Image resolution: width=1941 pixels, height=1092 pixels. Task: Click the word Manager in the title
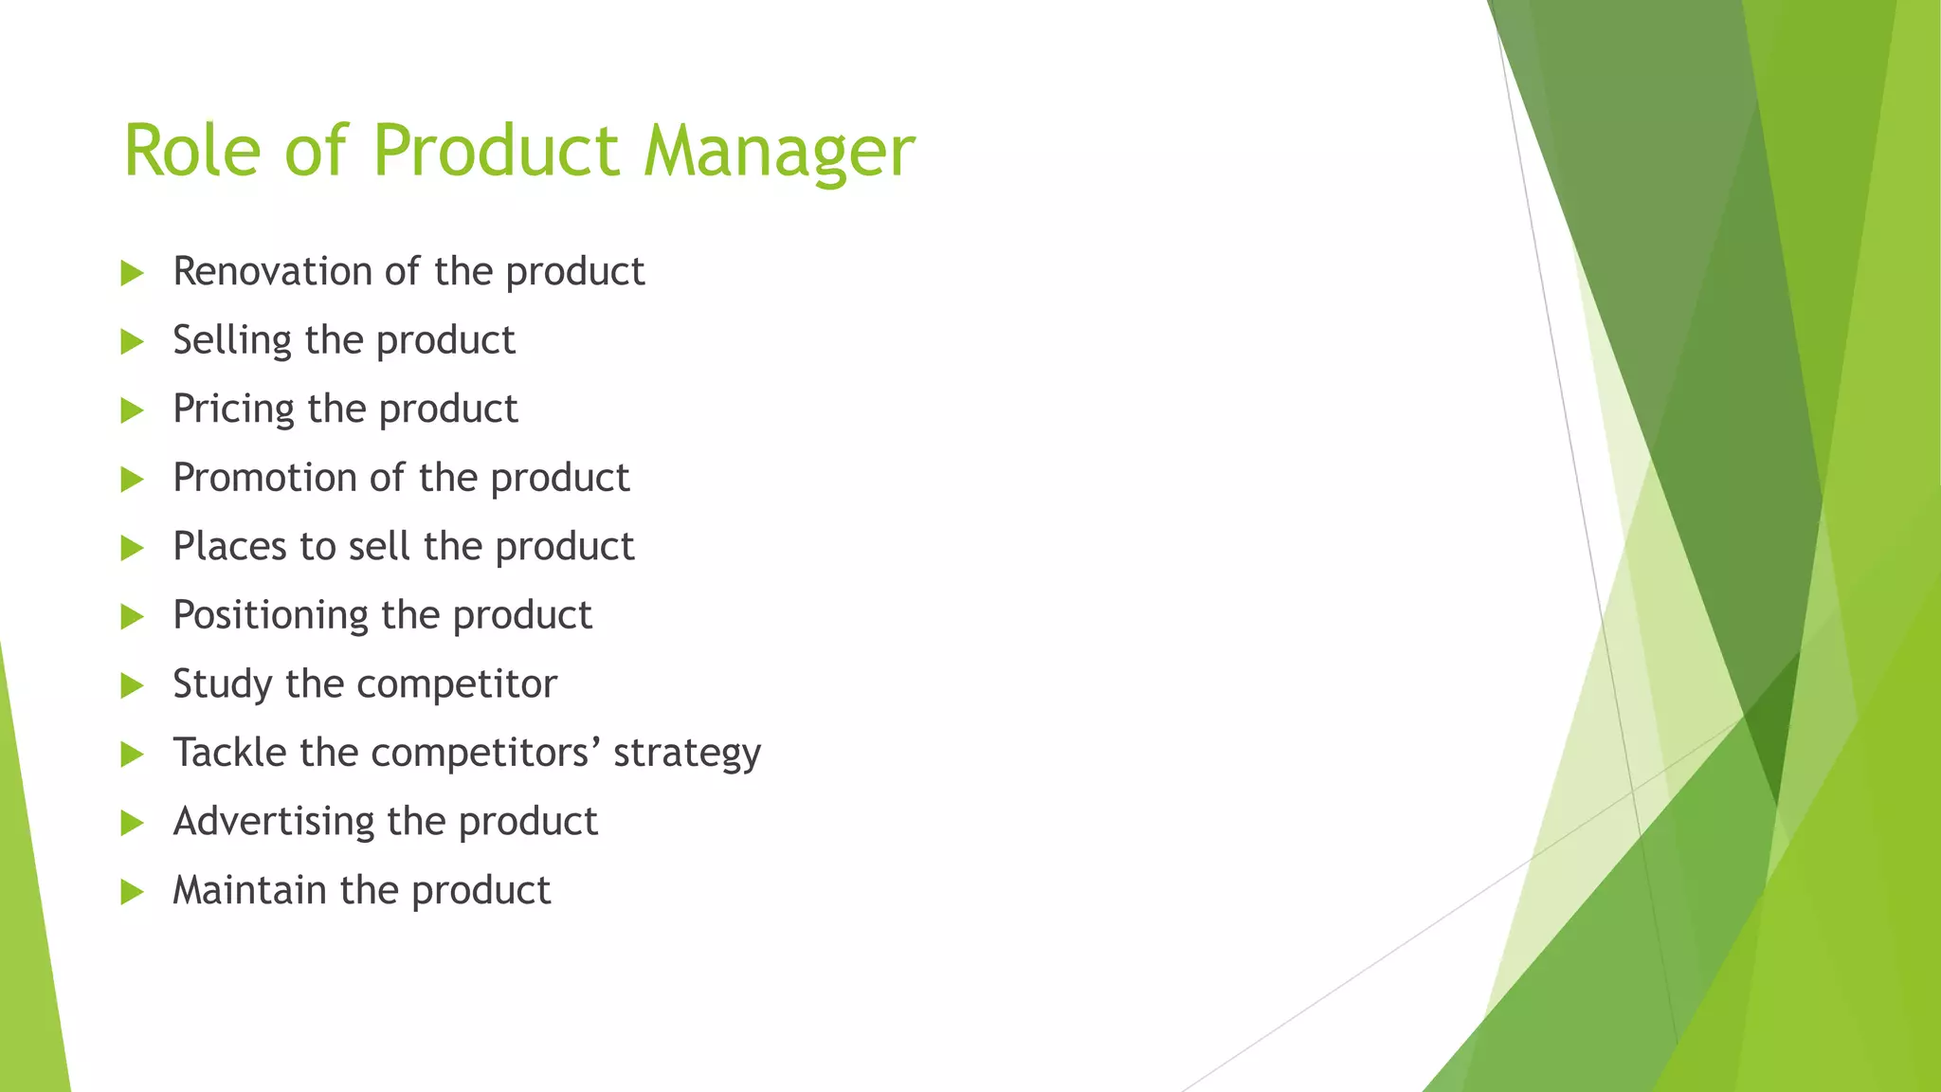[779, 152]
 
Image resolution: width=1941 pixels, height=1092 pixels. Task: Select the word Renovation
[272, 272]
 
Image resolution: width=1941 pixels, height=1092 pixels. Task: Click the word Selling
[231, 341]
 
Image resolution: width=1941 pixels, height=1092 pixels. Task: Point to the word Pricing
[233, 410]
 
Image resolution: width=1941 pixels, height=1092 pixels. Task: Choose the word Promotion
[264, 479]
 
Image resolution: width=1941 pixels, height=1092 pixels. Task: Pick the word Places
[228, 547]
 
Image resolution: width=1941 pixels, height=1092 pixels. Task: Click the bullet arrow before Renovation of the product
[132, 274]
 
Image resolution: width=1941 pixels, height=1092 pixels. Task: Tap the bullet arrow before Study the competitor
[132, 686]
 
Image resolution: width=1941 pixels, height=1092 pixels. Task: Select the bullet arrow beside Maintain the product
[132, 892]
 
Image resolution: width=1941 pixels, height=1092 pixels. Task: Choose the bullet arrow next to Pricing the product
[132, 411]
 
